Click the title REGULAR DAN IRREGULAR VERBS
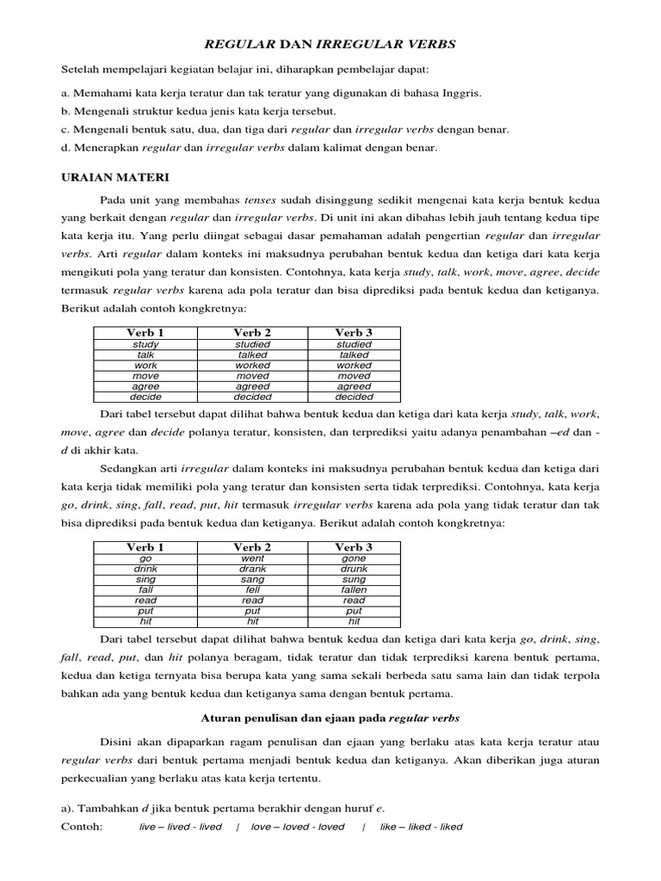coord(330,43)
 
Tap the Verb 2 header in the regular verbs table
coord(252,333)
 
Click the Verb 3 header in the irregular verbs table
coord(354,547)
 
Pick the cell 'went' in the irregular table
coord(252,558)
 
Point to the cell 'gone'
coord(354,558)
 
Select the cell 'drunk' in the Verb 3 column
coord(354,569)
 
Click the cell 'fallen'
coord(354,589)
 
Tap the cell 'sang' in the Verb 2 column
coord(252,579)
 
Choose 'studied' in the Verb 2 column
coord(252,344)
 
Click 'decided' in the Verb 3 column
coord(354,397)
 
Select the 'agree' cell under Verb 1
coord(145,386)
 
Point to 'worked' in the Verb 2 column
coord(252,365)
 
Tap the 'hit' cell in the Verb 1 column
coord(145,620)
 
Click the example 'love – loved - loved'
coord(298,827)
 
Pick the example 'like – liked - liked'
coord(420,827)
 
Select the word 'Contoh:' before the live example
coord(82,827)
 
